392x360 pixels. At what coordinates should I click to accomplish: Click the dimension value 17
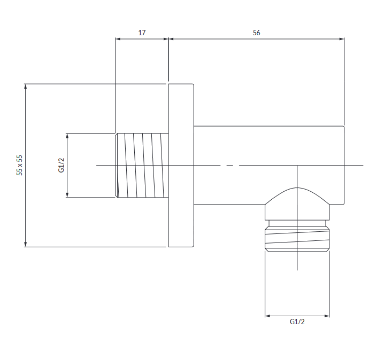[x=142, y=33]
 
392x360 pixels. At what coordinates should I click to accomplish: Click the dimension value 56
[x=256, y=33]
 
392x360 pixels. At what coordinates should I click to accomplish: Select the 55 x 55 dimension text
[x=19, y=165]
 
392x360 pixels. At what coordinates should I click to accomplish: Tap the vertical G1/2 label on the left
[x=62, y=165]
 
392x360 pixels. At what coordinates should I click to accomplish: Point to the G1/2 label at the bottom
[x=297, y=322]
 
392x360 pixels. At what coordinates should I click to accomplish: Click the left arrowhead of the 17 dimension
[x=118, y=39]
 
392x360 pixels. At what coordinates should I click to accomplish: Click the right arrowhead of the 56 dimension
[x=342, y=39]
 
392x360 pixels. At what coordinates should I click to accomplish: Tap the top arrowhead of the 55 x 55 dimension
[x=25, y=87]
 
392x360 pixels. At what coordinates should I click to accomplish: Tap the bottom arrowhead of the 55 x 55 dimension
[x=25, y=244]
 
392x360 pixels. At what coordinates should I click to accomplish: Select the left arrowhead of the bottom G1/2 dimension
[x=268, y=316]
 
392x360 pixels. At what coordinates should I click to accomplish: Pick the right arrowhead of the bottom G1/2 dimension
[x=327, y=316]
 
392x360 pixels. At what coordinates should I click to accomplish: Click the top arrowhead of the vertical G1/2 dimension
[x=67, y=136]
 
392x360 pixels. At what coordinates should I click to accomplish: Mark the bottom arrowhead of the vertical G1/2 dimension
[x=67, y=195]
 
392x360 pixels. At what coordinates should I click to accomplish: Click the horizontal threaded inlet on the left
[x=142, y=165]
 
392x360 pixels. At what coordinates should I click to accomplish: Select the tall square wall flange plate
[x=181, y=165]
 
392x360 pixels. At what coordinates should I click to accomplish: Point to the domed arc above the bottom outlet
[x=297, y=187]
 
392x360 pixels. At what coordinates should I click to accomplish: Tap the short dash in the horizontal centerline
[x=230, y=165]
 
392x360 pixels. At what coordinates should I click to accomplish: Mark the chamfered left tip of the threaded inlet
[x=117, y=165]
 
